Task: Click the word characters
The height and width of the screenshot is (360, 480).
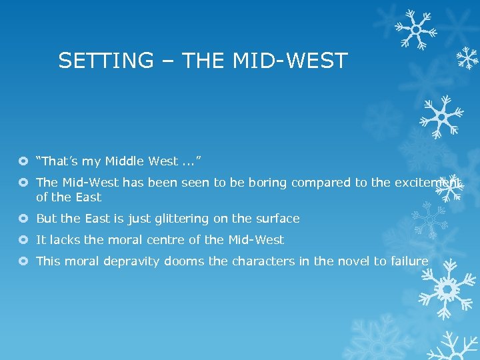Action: pyautogui.click(x=263, y=261)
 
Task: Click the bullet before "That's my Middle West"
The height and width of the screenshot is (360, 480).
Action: pyautogui.click(x=24, y=161)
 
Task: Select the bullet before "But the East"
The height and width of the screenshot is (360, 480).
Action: pyautogui.click(x=24, y=219)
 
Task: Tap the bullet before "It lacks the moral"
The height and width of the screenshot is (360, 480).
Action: pyautogui.click(x=24, y=241)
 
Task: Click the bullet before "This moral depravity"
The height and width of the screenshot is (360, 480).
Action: pyautogui.click(x=24, y=262)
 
